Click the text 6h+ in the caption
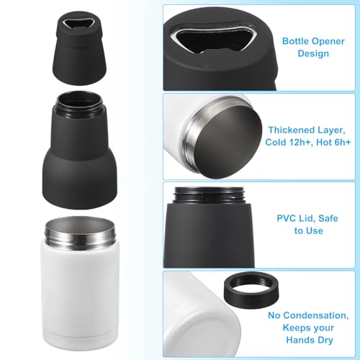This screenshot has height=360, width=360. tap(339, 143)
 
